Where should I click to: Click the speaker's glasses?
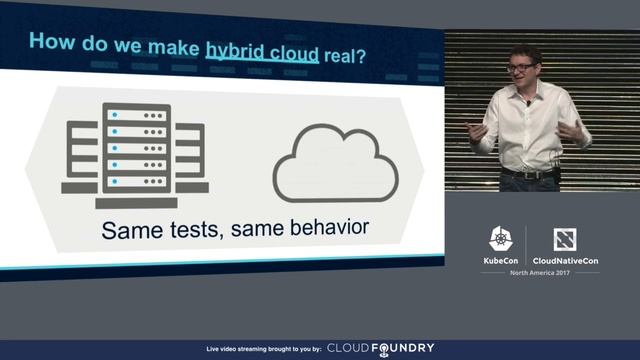[521, 67]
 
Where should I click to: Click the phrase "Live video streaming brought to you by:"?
[263, 349]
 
